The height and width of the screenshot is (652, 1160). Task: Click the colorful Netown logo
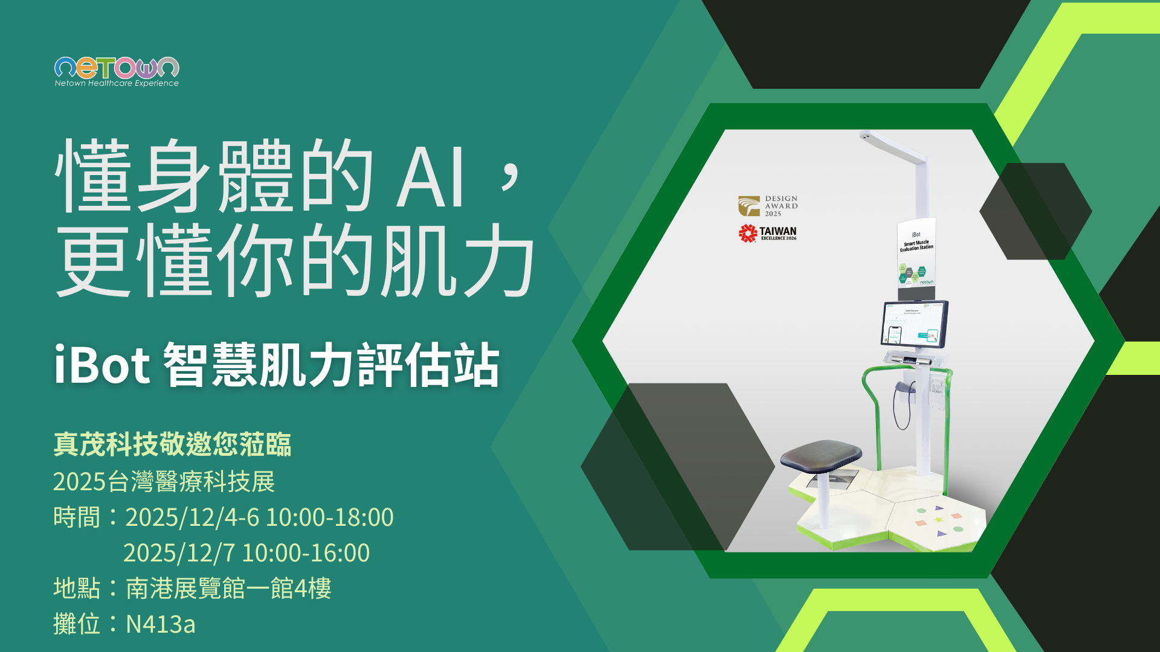click(117, 67)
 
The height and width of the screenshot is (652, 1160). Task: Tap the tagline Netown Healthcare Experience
click(117, 83)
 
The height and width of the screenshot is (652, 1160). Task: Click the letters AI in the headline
click(430, 178)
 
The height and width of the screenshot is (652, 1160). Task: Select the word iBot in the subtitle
click(101, 365)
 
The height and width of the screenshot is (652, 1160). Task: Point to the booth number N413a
click(160, 624)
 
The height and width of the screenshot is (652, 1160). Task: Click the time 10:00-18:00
click(330, 517)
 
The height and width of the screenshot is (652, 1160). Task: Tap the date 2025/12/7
click(179, 553)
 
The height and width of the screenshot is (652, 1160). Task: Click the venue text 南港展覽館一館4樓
click(228, 589)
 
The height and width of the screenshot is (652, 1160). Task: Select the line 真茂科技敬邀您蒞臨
click(172, 444)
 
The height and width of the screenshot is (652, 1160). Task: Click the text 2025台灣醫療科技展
click(164, 482)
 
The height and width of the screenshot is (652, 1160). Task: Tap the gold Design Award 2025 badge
click(768, 206)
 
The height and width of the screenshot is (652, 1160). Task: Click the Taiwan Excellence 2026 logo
click(768, 233)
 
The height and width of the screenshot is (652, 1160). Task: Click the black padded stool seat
click(821, 456)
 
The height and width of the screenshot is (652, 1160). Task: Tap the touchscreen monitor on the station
click(915, 324)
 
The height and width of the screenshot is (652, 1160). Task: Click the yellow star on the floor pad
click(939, 520)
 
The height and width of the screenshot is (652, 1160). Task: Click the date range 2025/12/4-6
click(192, 517)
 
